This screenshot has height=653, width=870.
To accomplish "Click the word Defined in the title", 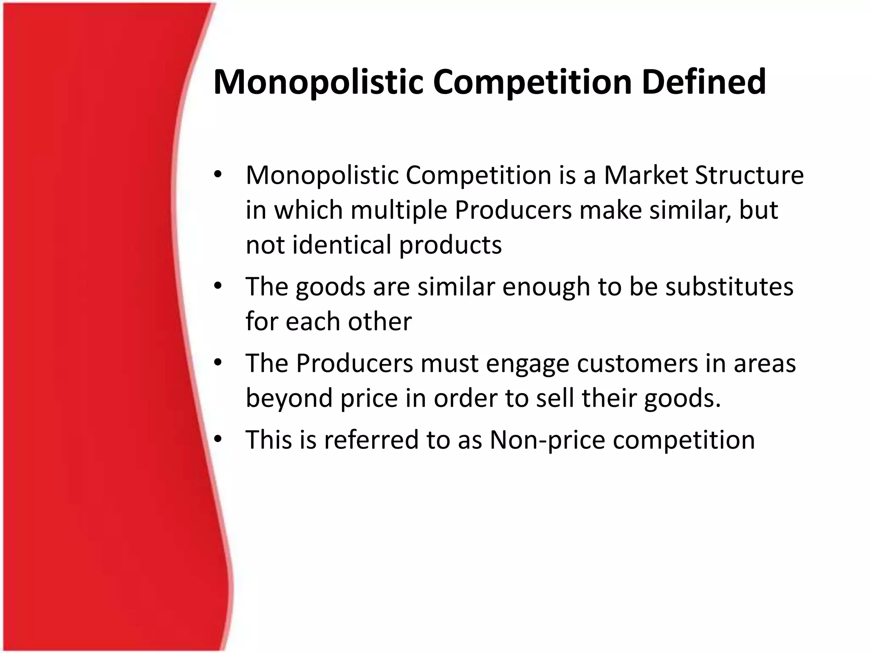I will (x=703, y=82).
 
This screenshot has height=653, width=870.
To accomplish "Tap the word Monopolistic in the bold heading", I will (x=318, y=82).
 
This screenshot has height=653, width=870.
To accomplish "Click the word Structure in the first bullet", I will (x=749, y=175).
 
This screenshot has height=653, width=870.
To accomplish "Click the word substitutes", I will (x=729, y=287).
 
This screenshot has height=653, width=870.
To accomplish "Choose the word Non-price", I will (x=547, y=440).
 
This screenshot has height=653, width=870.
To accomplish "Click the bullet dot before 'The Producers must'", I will (x=218, y=363).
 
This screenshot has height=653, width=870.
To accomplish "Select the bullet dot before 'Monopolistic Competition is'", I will (x=218, y=174).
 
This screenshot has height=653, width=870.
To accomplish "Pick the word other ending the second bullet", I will (x=380, y=321).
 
